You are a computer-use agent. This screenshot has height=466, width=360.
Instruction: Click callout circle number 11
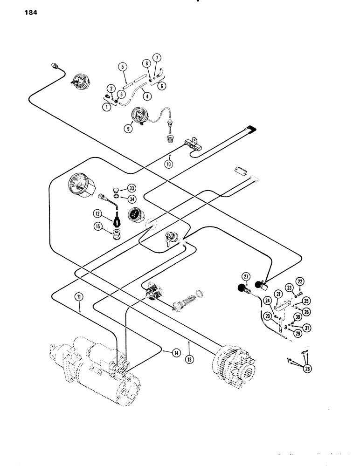[x=80, y=295]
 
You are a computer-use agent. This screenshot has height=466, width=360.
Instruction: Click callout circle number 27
[x=247, y=275]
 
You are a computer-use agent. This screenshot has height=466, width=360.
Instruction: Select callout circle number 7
[x=157, y=58]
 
